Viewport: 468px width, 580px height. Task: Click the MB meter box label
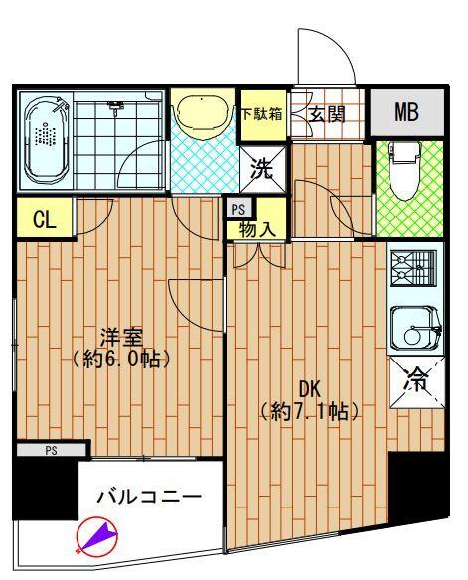click(x=405, y=112)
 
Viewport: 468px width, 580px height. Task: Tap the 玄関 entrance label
click(x=325, y=114)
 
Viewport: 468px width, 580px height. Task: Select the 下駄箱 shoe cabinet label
click(x=262, y=113)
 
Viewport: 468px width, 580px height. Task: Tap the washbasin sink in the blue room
click(x=203, y=115)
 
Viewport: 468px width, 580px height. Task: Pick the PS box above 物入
click(x=237, y=209)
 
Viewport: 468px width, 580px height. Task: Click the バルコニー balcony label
click(x=149, y=495)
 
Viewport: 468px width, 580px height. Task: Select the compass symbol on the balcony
click(x=96, y=536)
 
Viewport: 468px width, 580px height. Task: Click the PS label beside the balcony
click(x=50, y=450)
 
